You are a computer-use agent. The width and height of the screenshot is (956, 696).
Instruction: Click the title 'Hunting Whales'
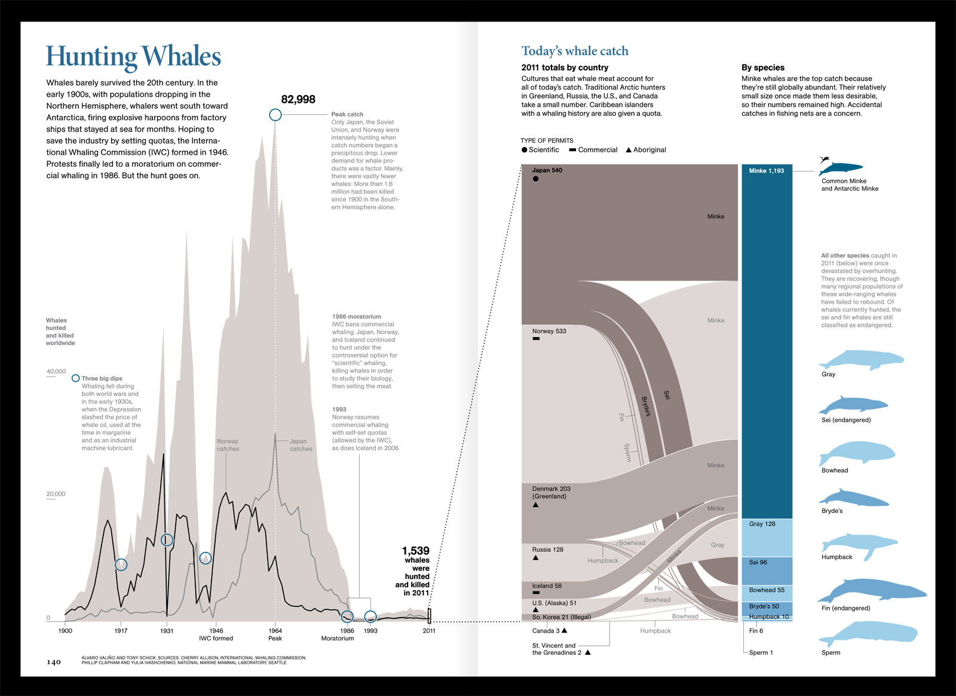pyautogui.click(x=133, y=57)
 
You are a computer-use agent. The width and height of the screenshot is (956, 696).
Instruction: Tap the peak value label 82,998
pyautogui.click(x=298, y=99)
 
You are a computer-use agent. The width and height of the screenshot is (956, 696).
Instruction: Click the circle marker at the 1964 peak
pyautogui.click(x=275, y=115)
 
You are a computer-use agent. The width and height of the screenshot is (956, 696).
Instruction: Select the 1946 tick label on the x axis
pyautogui.click(x=216, y=631)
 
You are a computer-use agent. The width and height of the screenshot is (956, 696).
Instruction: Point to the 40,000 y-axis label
pyautogui.click(x=56, y=371)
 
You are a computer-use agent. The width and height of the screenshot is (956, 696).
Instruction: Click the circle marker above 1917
pyautogui.click(x=121, y=564)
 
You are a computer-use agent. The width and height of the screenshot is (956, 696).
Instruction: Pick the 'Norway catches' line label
pyautogui.click(x=228, y=445)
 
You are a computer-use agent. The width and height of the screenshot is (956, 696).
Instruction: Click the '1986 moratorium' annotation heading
pyautogui.click(x=356, y=316)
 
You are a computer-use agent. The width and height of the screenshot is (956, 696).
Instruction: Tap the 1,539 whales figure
pyautogui.click(x=415, y=551)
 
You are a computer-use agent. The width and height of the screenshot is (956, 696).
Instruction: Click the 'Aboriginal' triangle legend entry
pyautogui.click(x=646, y=150)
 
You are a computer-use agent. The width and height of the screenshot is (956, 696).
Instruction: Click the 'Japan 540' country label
pyautogui.click(x=547, y=170)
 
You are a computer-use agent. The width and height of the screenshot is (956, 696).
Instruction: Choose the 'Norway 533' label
pyautogui.click(x=549, y=331)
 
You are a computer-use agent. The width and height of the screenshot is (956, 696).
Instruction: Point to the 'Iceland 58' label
pyautogui.click(x=547, y=586)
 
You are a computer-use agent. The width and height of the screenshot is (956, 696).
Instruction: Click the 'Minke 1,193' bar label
pyautogui.click(x=766, y=171)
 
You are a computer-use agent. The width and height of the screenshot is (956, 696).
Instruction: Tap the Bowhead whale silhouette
pyautogui.click(x=857, y=453)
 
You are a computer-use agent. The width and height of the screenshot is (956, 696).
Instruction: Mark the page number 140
pyautogui.click(x=54, y=662)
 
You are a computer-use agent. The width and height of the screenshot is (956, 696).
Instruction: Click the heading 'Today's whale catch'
pyautogui.click(x=575, y=51)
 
